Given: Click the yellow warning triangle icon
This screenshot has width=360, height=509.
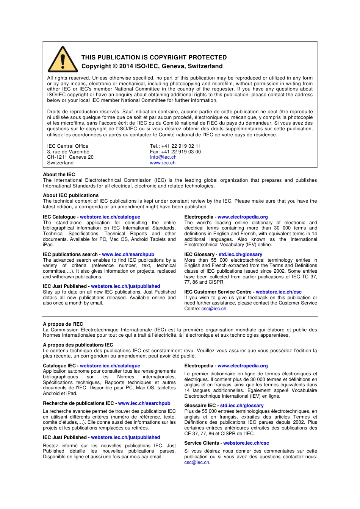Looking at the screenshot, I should [x=63, y=60].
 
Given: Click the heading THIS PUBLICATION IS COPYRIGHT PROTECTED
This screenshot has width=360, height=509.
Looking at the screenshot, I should [x=154, y=58].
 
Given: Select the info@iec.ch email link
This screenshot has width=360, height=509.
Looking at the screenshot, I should [x=163, y=157].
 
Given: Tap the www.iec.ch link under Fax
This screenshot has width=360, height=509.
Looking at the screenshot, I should [x=163, y=163].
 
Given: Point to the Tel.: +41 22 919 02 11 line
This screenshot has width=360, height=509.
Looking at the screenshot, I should [x=175, y=146].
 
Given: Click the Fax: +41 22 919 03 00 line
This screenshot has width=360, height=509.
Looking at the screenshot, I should [x=175, y=152].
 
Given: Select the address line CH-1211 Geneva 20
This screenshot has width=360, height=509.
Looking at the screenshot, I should [x=70, y=157].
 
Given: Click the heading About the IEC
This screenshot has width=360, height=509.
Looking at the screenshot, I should [x=59, y=175].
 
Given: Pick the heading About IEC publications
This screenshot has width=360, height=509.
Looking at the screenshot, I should [x=70, y=195].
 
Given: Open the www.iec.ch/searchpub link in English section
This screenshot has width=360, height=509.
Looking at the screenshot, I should [x=128, y=254].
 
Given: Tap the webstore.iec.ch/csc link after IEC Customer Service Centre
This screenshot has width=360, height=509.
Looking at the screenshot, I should [x=279, y=292].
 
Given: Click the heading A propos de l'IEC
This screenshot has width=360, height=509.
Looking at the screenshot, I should [x=63, y=324].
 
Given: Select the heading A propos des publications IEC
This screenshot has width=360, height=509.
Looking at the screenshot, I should [x=78, y=345].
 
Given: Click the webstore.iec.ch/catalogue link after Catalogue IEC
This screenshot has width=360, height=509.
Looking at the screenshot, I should [x=110, y=366].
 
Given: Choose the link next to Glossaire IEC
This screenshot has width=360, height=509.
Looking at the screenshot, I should [x=242, y=406].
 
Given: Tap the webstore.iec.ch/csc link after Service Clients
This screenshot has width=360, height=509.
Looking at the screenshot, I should [x=246, y=443].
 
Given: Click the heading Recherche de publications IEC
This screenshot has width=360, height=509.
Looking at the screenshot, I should [x=78, y=403].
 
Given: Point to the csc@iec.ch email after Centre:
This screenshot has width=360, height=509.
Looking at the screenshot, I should [x=214, y=309].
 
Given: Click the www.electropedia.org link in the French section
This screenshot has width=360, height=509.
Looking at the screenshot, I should [x=243, y=366].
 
